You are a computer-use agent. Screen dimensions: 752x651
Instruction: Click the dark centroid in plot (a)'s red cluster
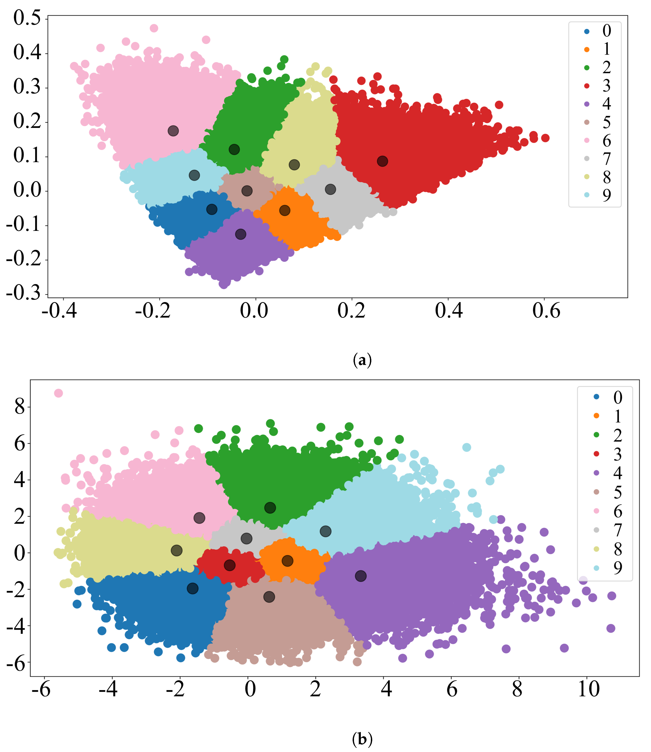[x=382, y=161]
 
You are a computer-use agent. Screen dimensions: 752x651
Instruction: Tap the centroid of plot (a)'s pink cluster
[x=173, y=131]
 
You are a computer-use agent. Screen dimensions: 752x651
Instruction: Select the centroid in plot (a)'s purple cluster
[x=240, y=235]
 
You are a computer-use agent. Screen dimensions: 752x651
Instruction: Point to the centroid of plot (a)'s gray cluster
[x=330, y=189]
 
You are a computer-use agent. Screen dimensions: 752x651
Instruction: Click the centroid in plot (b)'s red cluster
[x=230, y=566]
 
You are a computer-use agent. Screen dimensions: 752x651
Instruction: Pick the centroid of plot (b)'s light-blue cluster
[x=325, y=531]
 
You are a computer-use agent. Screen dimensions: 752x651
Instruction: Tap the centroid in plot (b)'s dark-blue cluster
[x=193, y=588]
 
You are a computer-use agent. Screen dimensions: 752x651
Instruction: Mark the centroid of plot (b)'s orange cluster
[x=287, y=561]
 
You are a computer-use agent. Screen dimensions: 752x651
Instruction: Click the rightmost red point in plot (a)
[x=545, y=138]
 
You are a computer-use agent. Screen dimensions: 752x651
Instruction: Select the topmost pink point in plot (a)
[x=154, y=28]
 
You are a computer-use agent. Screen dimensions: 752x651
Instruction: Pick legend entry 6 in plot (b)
[x=610, y=511]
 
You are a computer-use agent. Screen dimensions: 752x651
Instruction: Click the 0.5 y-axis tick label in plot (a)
[x=27, y=18]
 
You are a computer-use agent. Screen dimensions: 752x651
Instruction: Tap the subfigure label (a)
[x=362, y=360]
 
